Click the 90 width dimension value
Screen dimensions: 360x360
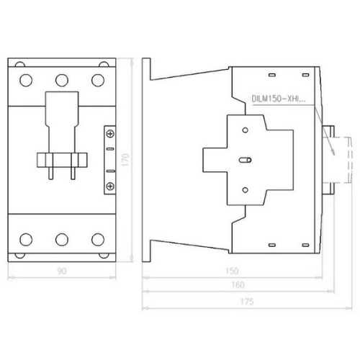point(62,271)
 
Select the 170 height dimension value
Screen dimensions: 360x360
point(125,160)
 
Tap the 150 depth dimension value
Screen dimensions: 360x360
point(232,271)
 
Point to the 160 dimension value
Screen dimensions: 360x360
point(238,285)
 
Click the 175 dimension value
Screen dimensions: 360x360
point(247,302)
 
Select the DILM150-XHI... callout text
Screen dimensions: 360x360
point(279,99)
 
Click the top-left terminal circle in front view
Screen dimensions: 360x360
point(26,80)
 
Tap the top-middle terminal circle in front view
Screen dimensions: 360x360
point(62,80)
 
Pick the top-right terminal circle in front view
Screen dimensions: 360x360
point(98,80)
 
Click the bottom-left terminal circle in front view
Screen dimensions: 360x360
point(26,239)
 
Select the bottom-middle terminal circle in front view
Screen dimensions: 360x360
point(62,239)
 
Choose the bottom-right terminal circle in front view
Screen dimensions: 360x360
point(98,239)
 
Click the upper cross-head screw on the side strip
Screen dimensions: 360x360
point(110,134)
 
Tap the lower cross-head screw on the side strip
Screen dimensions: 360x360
point(110,186)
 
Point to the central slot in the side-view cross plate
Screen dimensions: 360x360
point(245,160)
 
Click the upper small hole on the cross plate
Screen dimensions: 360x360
point(245,130)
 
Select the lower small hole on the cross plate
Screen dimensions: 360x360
point(245,190)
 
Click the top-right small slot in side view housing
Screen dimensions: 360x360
point(305,75)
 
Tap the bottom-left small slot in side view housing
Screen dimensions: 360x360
point(272,245)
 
